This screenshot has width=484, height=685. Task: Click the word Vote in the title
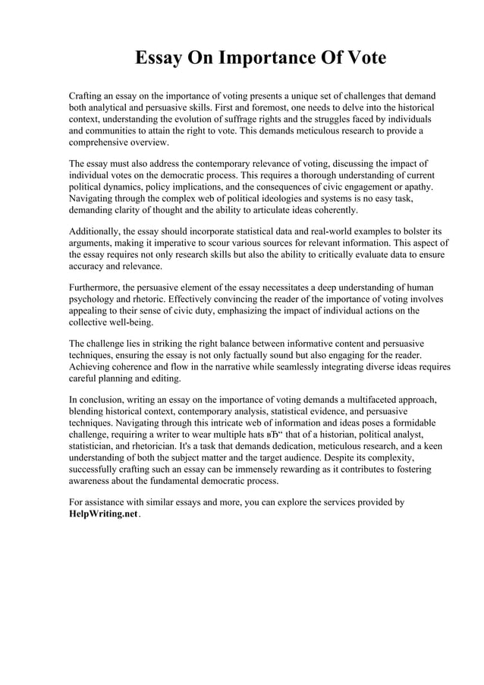click(x=362, y=58)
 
